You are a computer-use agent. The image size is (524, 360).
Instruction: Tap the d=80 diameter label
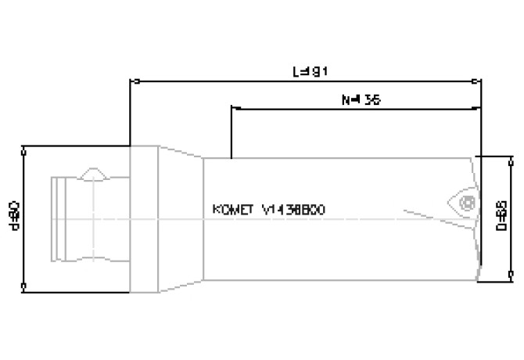click(14, 218)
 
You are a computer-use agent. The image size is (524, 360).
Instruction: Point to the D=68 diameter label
click(501, 218)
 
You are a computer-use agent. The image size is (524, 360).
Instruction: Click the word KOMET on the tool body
click(233, 210)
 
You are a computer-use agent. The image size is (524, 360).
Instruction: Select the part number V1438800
click(294, 210)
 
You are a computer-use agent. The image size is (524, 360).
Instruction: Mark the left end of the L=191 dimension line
click(131, 80)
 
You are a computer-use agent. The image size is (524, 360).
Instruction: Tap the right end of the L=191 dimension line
click(479, 80)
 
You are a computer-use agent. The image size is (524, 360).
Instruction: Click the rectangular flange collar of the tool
click(145, 219)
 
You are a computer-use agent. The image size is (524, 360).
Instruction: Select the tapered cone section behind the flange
click(181, 219)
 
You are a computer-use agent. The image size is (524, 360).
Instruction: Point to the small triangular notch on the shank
click(93, 173)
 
